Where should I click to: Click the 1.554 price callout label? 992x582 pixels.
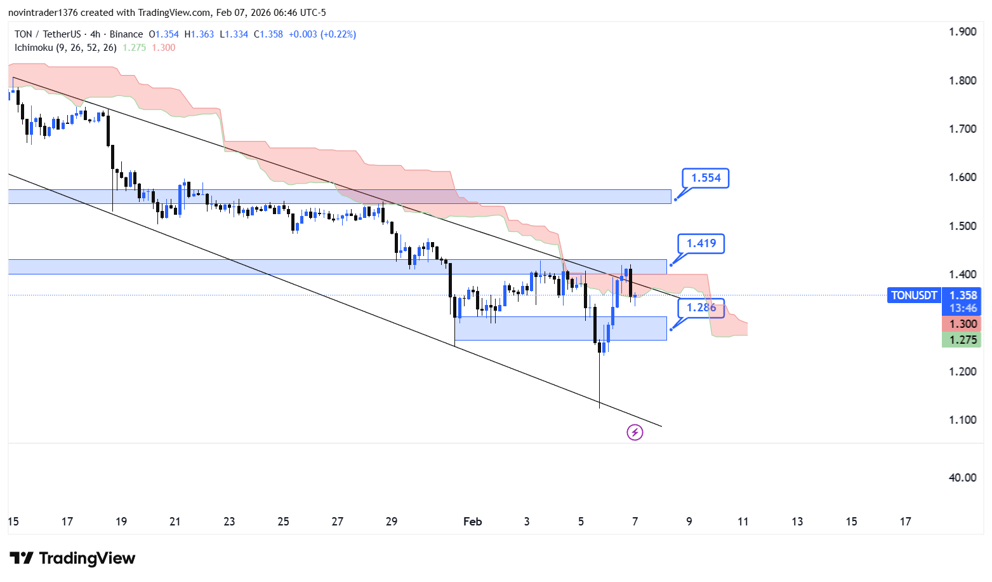706,178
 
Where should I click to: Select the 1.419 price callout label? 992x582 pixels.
701,243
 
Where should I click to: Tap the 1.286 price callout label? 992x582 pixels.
701,308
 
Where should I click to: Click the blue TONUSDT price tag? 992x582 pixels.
913,295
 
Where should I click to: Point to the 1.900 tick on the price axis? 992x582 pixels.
962,32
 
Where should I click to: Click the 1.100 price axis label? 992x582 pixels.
962,420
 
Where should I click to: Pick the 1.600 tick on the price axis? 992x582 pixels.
962,177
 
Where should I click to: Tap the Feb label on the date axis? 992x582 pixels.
472,522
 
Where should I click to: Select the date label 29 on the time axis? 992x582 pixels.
392,522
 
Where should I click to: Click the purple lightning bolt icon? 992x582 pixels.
635,433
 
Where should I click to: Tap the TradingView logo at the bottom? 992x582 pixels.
72,558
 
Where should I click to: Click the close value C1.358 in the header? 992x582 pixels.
268,34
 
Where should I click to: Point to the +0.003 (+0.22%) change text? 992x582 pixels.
322,34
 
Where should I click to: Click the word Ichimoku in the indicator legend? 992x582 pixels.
34,48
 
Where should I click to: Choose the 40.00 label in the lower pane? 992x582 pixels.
962,478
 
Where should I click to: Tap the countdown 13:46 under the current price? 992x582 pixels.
963,308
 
